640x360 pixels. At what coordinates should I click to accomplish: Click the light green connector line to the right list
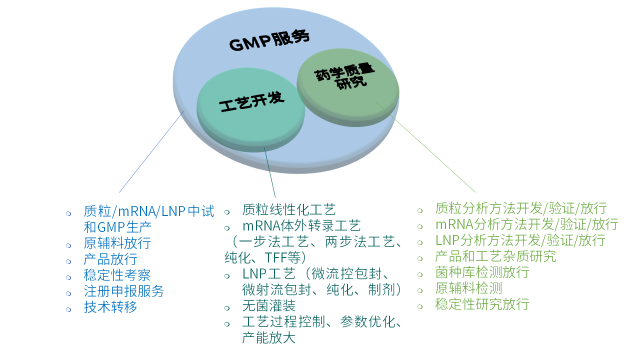pyautogui.click(x=425, y=147)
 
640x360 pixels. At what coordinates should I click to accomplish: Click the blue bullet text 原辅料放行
pyautogui.click(x=117, y=243)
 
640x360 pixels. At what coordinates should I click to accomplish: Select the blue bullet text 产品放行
pyautogui.click(x=110, y=259)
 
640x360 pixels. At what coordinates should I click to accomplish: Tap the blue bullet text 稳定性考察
pyautogui.click(x=117, y=275)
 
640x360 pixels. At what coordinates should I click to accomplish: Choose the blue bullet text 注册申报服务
pyautogui.click(x=123, y=291)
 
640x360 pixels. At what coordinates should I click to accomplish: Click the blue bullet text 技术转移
pyautogui.click(x=110, y=306)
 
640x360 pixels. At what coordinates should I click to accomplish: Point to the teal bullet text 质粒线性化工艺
pyautogui.click(x=288, y=209)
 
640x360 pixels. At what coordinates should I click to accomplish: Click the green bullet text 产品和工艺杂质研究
pyautogui.click(x=495, y=256)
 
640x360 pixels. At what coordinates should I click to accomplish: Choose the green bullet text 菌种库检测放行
pyautogui.click(x=482, y=272)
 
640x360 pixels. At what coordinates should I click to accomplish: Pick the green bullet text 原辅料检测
pyautogui.click(x=468, y=288)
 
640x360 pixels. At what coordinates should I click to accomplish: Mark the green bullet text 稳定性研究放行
pyautogui.click(x=482, y=303)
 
